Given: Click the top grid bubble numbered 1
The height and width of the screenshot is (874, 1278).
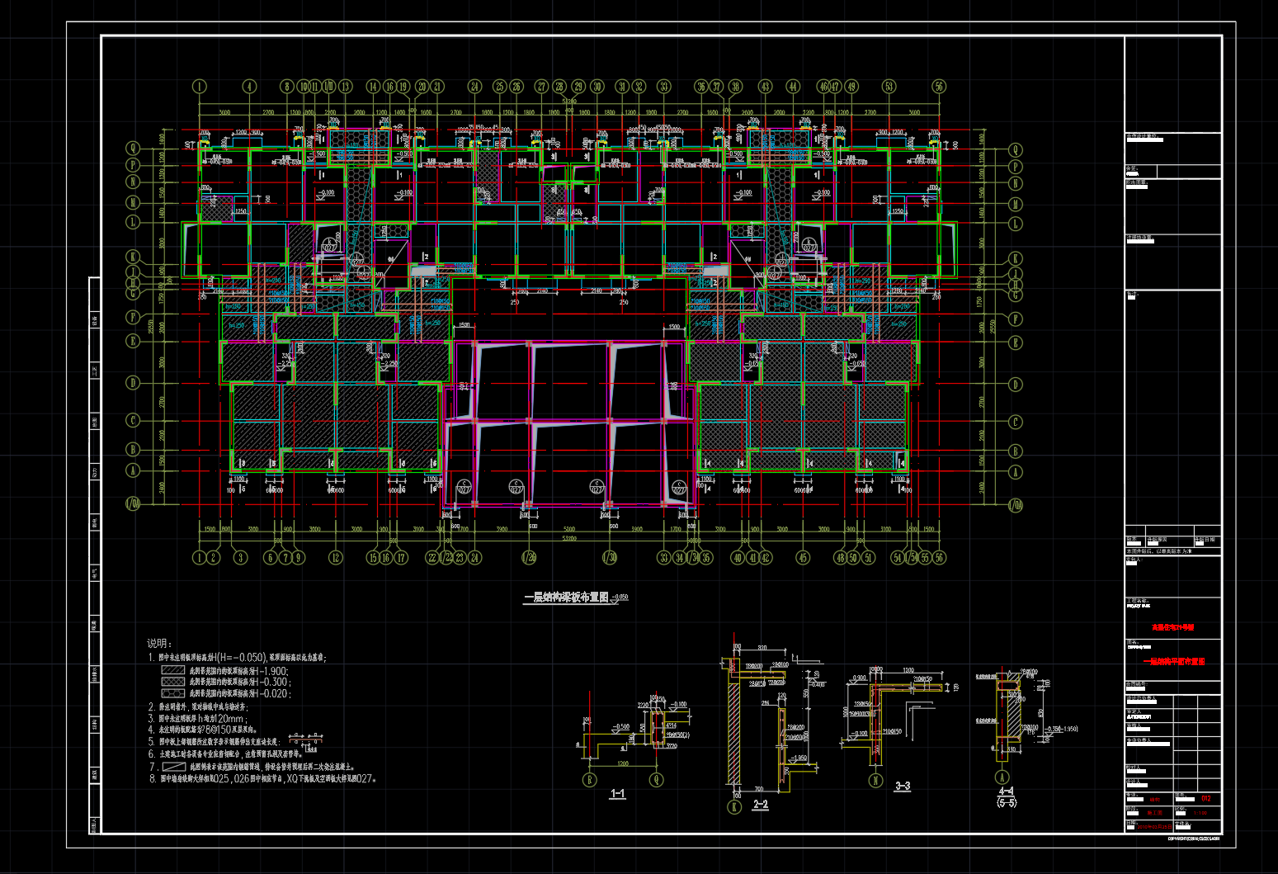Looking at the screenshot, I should click(x=199, y=87).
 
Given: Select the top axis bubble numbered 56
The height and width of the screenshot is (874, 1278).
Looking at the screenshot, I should click(x=939, y=87).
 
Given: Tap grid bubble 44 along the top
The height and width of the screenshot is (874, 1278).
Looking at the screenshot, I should click(x=793, y=87).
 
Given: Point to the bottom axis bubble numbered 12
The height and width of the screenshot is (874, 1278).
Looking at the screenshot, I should click(x=335, y=558).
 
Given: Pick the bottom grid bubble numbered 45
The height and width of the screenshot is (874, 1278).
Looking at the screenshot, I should click(x=803, y=558).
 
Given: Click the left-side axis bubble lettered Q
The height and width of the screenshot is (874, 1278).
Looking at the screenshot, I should click(x=133, y=149).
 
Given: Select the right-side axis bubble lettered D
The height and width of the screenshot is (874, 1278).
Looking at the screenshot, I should click(x=1015, y=385).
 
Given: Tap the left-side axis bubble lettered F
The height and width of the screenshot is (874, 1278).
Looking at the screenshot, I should click(x=133, y=317).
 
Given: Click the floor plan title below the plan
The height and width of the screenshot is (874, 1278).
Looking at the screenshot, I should click(x=566, y=597).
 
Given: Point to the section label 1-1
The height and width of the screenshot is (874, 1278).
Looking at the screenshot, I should click(x=617, y=794).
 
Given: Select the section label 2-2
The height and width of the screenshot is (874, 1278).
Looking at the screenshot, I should click(x=760, y=805).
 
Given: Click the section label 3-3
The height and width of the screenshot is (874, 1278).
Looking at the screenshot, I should click(x=903, y=787).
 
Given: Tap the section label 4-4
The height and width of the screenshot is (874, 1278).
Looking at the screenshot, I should click(x=1007, y=791).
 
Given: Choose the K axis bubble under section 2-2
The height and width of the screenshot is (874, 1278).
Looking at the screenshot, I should click(x=734, y=807).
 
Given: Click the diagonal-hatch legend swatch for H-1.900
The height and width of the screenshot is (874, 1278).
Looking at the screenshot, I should click(x=172, y=670).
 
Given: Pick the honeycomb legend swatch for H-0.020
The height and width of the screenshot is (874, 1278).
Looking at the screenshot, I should click(x=172, y=693).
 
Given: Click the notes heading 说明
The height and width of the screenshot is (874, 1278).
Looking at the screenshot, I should click(x=159, y=644).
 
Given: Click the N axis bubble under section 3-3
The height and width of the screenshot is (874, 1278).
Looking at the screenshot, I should click(x=876, y=780).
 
